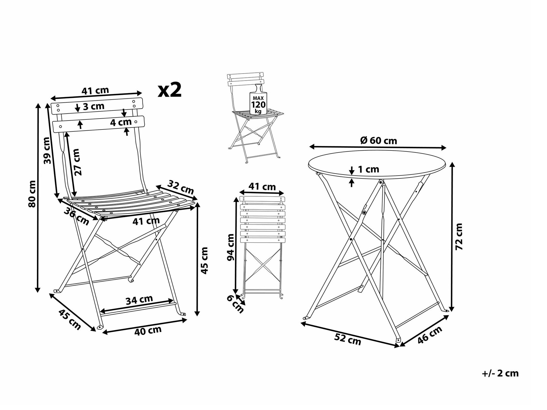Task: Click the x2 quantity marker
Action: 170,90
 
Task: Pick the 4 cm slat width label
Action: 121,122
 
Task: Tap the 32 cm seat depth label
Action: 181,187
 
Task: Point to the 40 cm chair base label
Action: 148,331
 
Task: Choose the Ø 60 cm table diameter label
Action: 379,140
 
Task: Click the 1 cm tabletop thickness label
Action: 368,169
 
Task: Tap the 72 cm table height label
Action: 459,237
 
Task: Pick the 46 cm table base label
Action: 430,335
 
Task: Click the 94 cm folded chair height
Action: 231,247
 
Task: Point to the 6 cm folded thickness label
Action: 235,304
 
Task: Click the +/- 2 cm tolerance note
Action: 500,374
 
